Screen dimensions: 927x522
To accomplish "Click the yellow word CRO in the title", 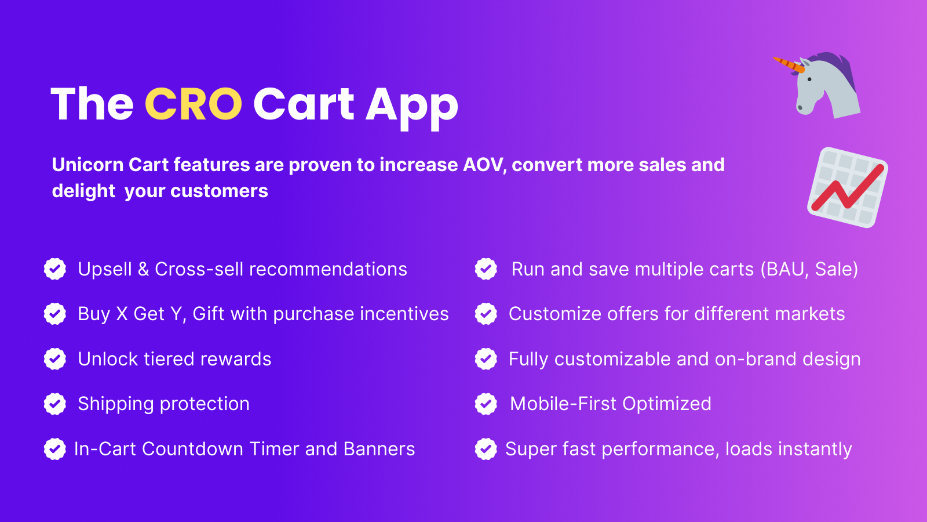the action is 194,104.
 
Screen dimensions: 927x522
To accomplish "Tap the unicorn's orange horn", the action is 789,65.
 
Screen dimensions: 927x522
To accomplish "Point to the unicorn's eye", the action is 809,79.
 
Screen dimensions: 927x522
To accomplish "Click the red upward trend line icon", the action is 848,187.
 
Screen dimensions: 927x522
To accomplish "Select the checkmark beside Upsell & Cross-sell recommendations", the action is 54,269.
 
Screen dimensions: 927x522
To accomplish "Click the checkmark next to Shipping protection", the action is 54,404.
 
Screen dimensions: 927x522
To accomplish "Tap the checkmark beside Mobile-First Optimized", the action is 486,404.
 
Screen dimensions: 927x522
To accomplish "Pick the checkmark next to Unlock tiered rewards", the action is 54,359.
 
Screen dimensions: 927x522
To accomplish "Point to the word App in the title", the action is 412,107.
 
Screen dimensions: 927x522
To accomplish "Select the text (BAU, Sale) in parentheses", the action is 809,270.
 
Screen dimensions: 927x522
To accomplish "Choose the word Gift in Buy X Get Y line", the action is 208,314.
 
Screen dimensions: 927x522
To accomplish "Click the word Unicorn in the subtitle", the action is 87,165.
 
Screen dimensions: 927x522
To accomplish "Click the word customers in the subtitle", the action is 220,191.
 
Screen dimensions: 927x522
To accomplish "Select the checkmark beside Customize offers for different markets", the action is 486,314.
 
